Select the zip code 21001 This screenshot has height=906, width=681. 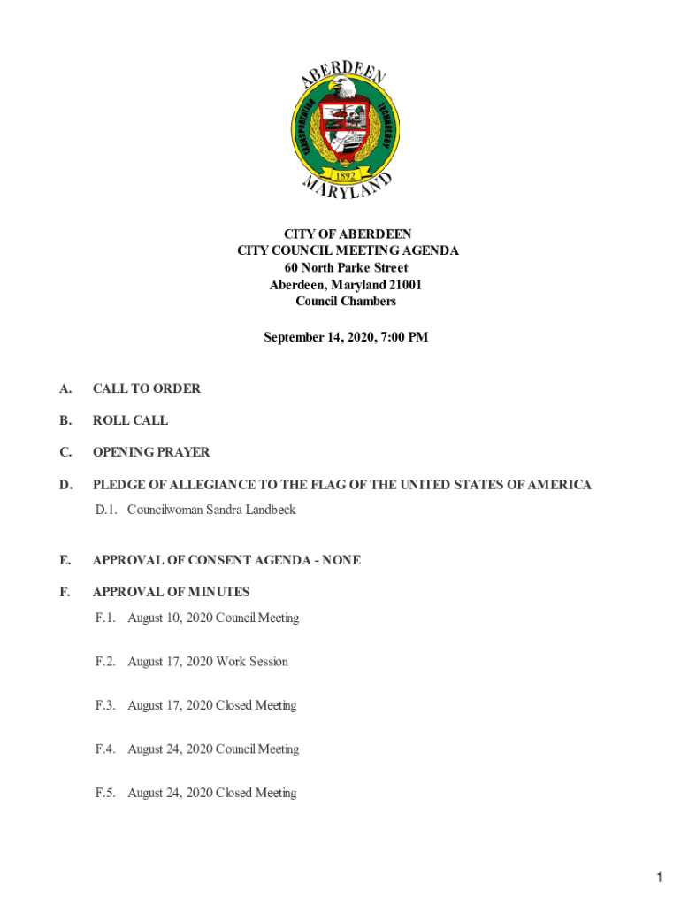(x=403, y=285)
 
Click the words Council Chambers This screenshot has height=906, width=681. (x=346, y=302)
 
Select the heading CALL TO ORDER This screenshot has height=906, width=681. (x=147, y=388)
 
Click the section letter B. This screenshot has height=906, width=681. (x=65, y=420)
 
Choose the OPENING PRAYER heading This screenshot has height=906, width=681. (x=151, y=452)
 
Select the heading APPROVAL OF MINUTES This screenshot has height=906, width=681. (x=172, y=592)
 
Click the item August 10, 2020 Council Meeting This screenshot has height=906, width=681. (x=213, y=618)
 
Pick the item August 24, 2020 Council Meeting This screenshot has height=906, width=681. (x=213, y=749)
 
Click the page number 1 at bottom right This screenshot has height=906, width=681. (x=660, y=879)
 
